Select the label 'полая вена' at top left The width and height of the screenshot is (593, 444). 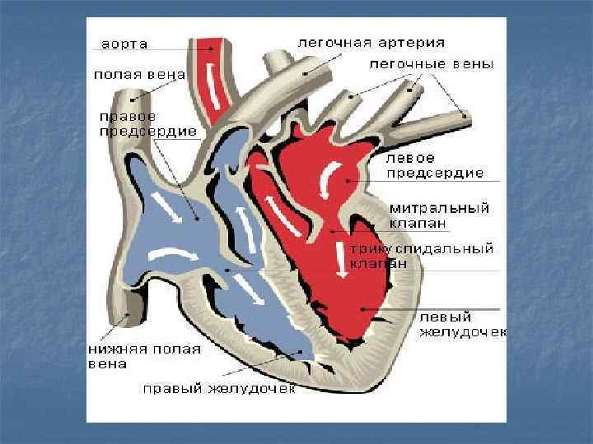(138, 74)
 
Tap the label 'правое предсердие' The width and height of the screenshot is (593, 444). (147, 123)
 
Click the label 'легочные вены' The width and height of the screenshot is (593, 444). (432, 63)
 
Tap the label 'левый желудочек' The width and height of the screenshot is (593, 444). (462, 324)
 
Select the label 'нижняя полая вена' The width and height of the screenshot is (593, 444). (143, 356)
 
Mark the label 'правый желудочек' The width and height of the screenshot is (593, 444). (217, 388)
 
